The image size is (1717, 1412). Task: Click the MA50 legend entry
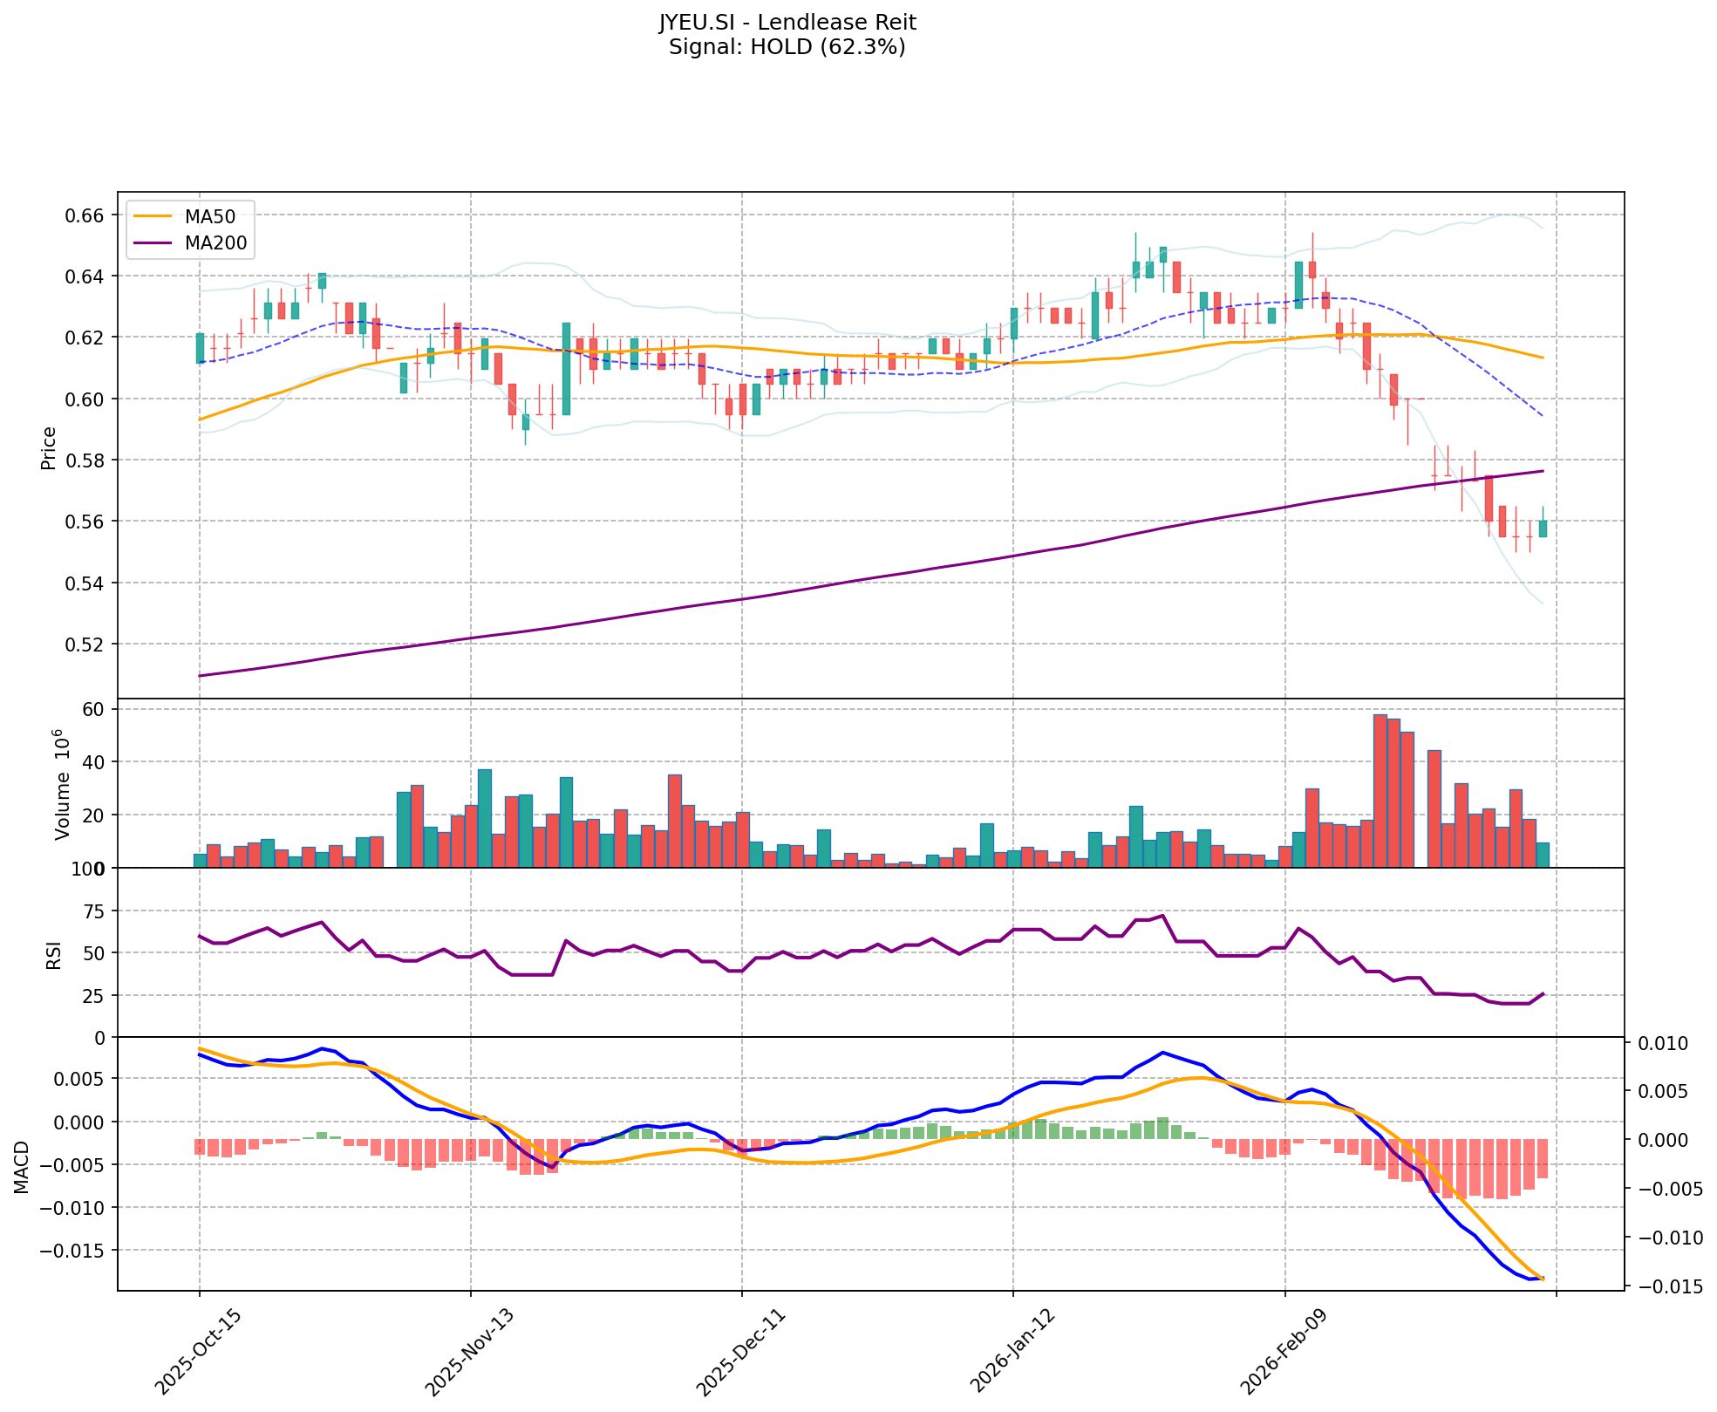point(209,217)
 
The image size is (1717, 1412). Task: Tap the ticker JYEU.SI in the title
point(697,22)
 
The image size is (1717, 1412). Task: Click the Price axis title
point(49,447)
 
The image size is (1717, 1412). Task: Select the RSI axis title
point(54,954)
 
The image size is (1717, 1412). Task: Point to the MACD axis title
point(23,1166)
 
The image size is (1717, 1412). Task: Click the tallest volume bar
point(1380,790)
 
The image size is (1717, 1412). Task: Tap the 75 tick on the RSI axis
point(92,911)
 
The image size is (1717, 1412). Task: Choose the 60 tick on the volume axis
point(92,709)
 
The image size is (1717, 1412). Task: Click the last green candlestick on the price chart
point(1543,529)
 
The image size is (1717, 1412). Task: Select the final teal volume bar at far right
point(1543,855)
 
